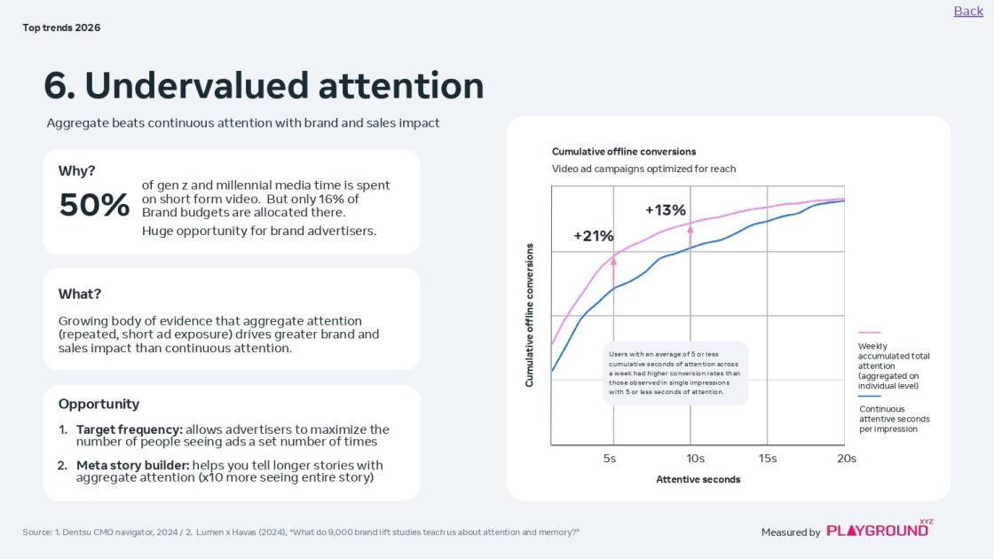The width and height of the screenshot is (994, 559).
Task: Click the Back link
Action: pos(968,11)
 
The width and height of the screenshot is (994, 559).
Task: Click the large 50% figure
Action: pos(94,205)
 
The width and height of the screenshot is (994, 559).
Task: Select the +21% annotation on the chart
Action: pos(594,236)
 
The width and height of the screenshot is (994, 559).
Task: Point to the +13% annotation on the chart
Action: pos(666,210)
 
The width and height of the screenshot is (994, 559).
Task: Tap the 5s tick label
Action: pos(610,459)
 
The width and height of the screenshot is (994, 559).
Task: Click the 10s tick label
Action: pos(696,459)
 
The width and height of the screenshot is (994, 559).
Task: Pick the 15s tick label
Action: pos(768,459)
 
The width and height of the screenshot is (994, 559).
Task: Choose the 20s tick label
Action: pos(847,459)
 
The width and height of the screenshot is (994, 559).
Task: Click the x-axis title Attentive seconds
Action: pos(698,480)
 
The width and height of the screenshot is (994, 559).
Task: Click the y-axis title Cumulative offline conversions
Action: pos(530,315)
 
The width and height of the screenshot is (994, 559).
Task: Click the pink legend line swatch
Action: pos(870,333)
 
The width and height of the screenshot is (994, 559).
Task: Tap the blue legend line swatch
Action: pos(870,397)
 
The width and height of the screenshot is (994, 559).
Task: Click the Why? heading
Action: pos(77,171)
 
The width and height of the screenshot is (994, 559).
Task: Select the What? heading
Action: pos(80,294)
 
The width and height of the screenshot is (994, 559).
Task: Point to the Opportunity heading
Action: pos(99,404)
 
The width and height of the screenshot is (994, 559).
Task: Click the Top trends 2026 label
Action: pos(61,28)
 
